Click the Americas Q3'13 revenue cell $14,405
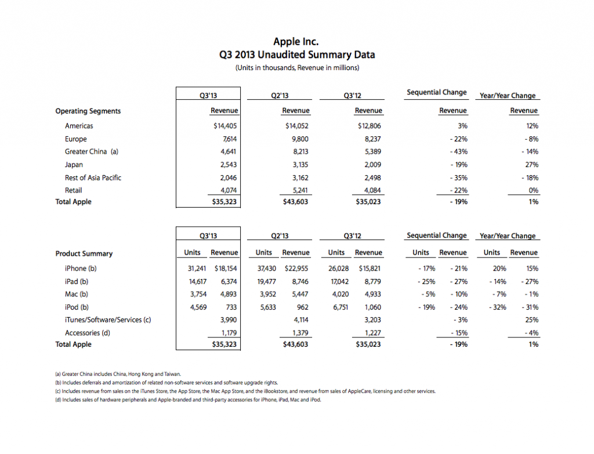pos(225,126)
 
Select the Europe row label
pos(76,139)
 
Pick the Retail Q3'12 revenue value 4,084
pos(371,190)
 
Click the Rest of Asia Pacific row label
pos(93,177)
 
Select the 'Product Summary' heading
pos(84,253)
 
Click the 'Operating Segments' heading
pos(88,111)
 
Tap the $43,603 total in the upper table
pos(295,202)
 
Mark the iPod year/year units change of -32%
pos(491,307)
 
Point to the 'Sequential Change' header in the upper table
pos(436,93)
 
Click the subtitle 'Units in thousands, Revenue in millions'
pos(296,68)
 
